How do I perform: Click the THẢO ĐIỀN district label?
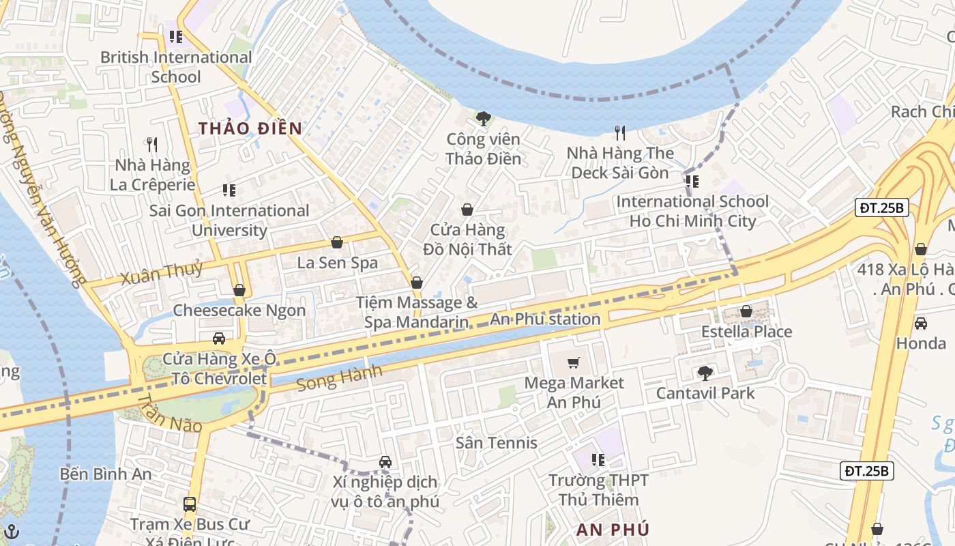(x=250, y=128)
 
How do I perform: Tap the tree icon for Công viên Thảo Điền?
(x=483, y=119)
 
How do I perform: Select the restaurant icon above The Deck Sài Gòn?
(x=619, y=132)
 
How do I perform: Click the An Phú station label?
(x=545, y=319)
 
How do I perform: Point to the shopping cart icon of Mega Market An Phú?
(x=574, y=362)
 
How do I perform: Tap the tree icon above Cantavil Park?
(x=705, y=373)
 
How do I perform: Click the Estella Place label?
(x=746, y=332)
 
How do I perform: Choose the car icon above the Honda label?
(x=920, y=323)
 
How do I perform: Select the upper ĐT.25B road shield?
(x=882, y=208)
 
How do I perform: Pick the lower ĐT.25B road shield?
(x=866, y=470)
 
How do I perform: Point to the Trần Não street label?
(x=169, y=414)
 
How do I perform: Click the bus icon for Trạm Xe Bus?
(x=190, y=505)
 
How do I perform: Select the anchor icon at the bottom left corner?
(x=12, y=532)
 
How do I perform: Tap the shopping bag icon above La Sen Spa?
(x=336, y=242)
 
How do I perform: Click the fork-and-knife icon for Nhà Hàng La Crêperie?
(x=152, y=144)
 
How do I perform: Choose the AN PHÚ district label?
(x=613, y=530)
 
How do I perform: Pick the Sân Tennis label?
(x=497, y=443)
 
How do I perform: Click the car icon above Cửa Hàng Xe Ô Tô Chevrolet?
(x=219, y=339)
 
